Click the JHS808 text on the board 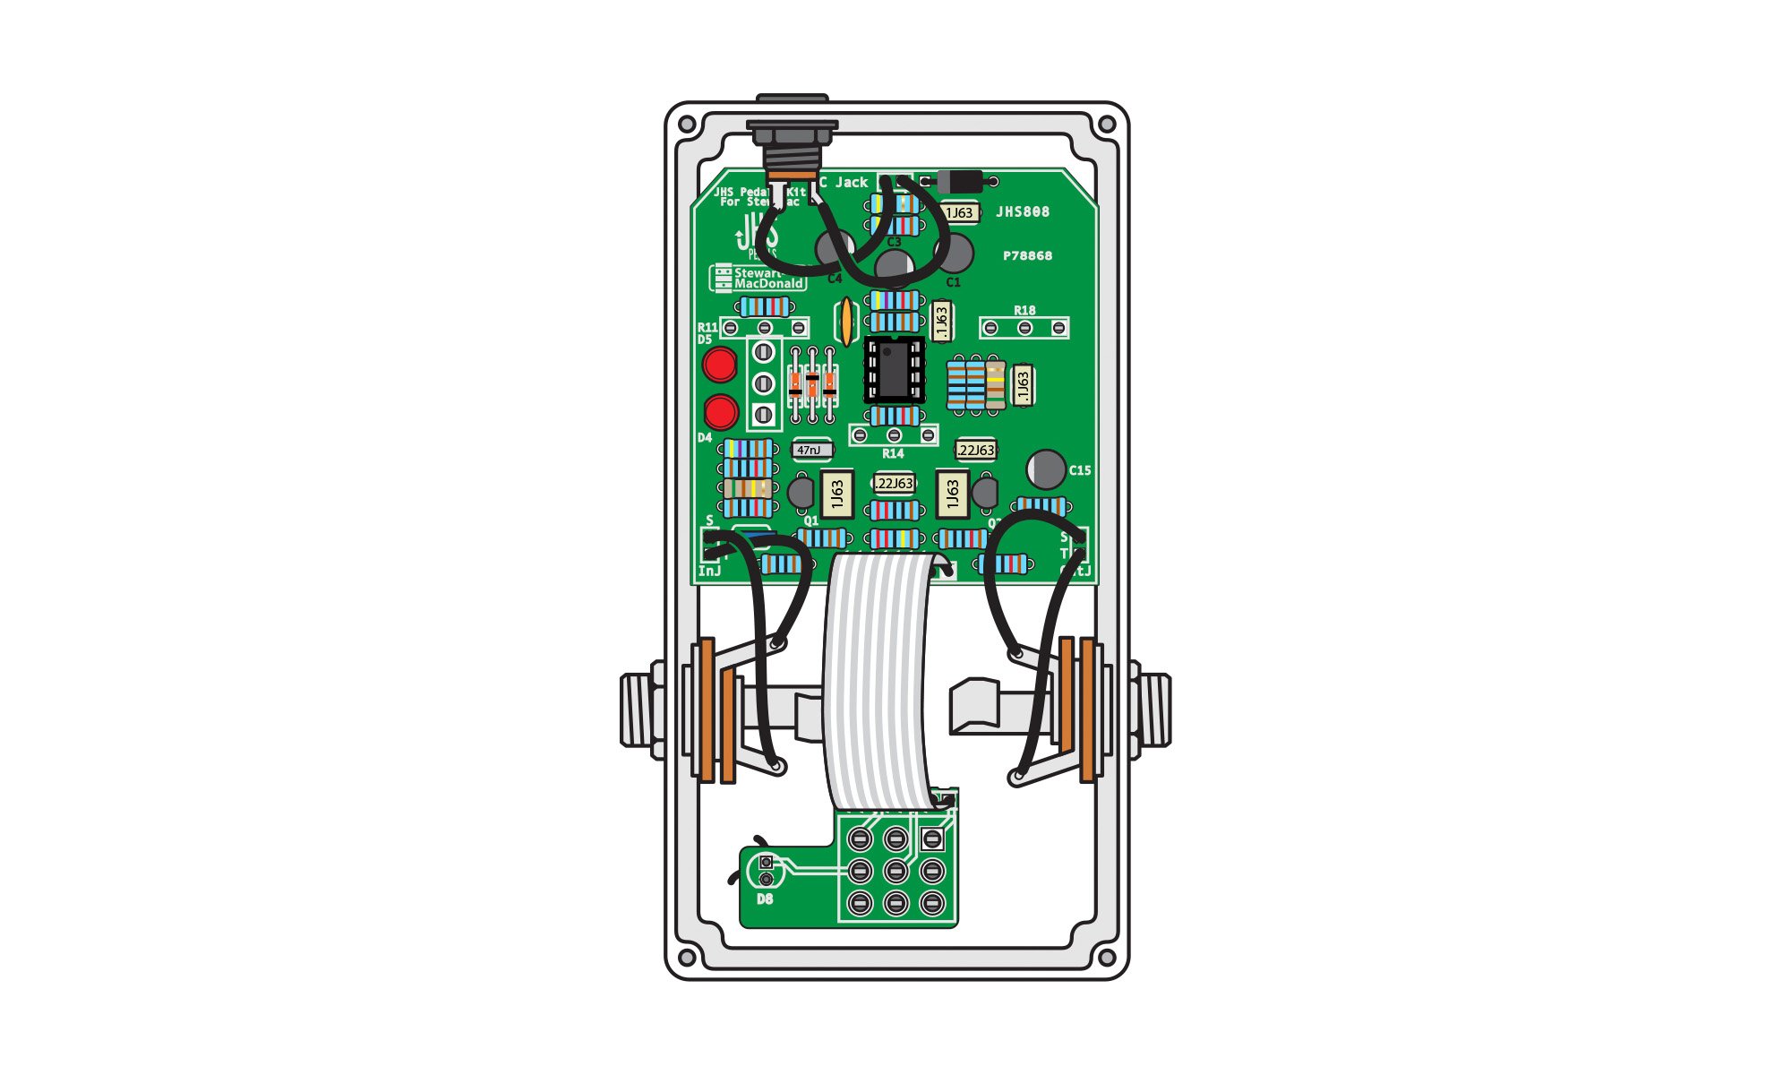pos(1023,212)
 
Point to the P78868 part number pos(1027,256)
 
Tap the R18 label pos(1024,311)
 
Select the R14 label pos(893,454)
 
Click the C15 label pos(1080,470)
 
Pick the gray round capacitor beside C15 pos(1046,469)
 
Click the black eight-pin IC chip pos(893,370)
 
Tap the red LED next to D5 pos(720,365)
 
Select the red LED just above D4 pos(720,412)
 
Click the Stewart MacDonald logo pos(758,279)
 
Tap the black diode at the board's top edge pos(959,182)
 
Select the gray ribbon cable pos(876,681)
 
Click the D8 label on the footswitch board pos(765,899)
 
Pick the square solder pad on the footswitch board pos(932,839)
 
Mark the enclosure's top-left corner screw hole pos(687,125)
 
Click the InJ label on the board pos(709,572)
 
